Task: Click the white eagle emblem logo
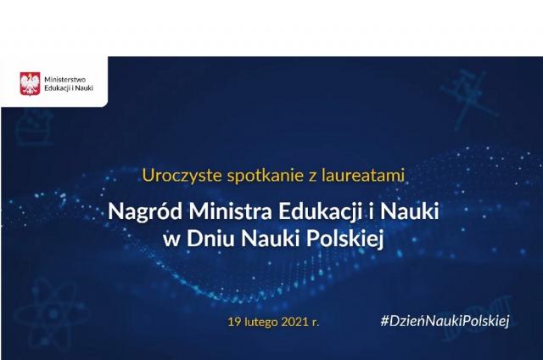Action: point(31,83)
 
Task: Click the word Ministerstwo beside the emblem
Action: point(64,80)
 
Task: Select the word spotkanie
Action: point(266,176)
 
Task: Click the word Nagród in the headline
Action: point(145,211)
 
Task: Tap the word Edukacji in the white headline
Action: point(320,211)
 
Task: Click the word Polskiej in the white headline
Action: point(345,239)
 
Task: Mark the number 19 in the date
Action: point(234,323)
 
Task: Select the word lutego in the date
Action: point(261,323)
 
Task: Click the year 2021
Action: point(295,323)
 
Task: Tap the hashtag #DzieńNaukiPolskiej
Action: point(445,321)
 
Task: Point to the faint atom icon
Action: point(52,314)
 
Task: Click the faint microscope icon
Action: point(35,127)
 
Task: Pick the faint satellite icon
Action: point(469,98)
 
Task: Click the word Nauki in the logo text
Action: point(84,88)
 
